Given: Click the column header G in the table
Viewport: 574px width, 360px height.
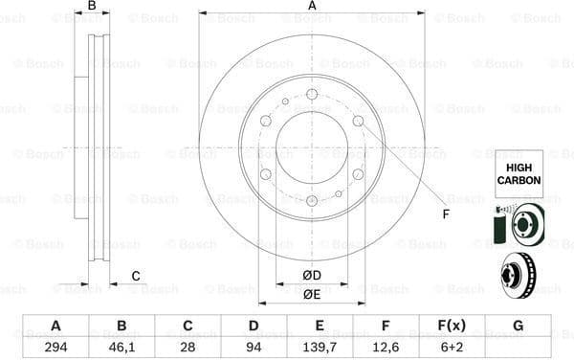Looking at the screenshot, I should click(518, 325).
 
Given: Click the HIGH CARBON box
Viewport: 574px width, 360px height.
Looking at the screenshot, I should click(518, 173).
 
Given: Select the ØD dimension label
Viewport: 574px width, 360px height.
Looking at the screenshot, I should click(312, 276).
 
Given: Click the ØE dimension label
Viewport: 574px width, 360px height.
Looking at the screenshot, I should click(312, 294).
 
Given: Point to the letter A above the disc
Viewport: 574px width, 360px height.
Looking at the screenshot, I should click(312, 7).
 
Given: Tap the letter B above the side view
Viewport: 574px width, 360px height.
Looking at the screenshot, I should click(92, 7).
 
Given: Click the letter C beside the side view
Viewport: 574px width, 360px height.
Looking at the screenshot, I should click(136, 276).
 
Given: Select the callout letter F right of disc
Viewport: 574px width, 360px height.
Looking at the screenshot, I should click(446, 213).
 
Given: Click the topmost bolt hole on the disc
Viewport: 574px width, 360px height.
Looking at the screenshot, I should click(312, 94).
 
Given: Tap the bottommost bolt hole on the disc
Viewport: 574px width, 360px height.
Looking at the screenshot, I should click(312, 200).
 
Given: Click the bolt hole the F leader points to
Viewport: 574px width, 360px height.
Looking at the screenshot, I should click(358, 121).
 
